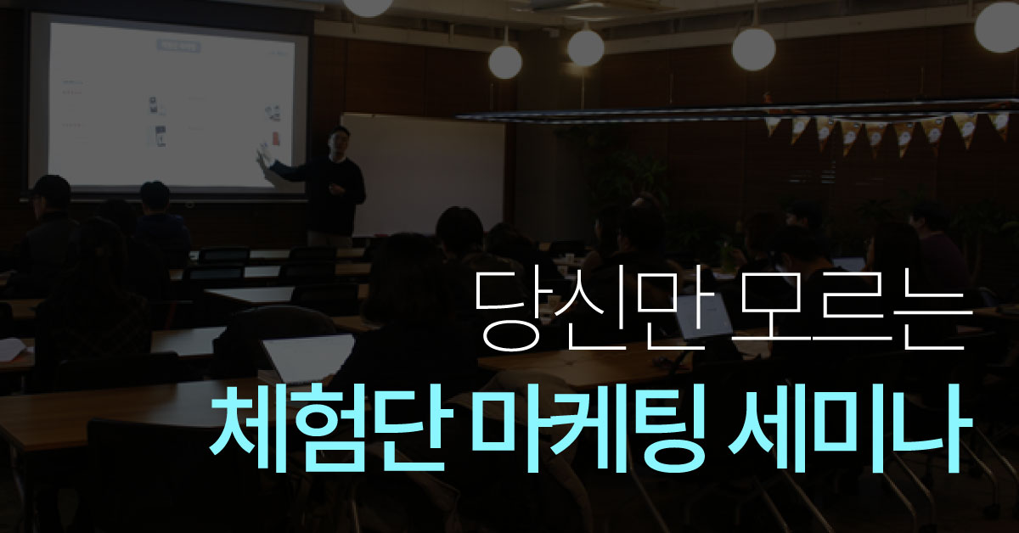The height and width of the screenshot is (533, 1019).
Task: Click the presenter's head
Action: click(339, 139)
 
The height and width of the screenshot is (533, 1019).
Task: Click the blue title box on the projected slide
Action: click(178, 47)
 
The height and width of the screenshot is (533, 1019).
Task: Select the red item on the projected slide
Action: click(275, 138)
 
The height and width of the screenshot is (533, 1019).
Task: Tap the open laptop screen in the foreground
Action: click(309, 357)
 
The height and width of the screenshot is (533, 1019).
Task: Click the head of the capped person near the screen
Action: click(52, 193)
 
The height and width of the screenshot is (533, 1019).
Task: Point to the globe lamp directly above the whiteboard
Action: click(505, 62)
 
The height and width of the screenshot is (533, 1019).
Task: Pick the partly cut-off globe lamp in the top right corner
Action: click(999, 26)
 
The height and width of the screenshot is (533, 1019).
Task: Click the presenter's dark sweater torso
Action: click(335, 195)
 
